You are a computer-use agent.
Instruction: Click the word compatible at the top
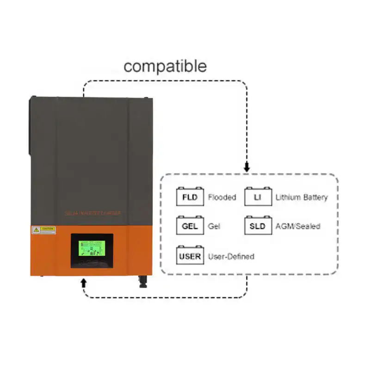point(165,66)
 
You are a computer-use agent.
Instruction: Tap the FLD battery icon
point(190,197)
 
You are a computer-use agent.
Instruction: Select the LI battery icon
point(257,197)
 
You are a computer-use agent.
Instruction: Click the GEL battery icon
point(190,226)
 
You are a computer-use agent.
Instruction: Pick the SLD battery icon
point(257,226)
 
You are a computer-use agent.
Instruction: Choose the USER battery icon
point(190,256)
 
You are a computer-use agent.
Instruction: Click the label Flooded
point(222,197)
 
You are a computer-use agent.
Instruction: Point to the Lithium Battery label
point(302,197)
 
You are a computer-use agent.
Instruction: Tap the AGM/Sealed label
point(298,227)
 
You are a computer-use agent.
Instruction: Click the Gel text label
point(214,227)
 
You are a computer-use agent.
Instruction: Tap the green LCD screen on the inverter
point(91,250)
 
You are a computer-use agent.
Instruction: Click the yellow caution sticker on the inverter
point(43,229)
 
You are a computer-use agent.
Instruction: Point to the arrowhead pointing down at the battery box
point(247,169)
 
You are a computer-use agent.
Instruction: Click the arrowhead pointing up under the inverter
point(83,282)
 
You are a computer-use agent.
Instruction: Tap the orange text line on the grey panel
point(92,213)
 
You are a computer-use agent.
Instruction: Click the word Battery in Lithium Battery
point(314,197)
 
